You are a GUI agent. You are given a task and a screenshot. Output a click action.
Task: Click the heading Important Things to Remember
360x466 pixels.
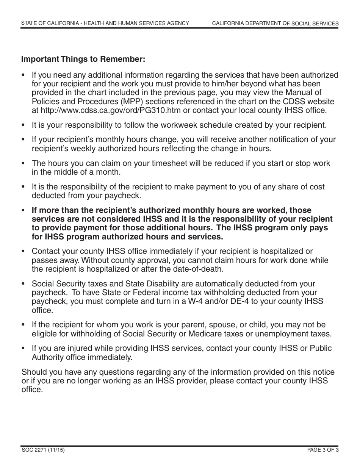[x=83, y=59]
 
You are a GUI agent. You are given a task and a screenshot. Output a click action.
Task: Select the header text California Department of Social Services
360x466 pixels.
[x=275, y=23]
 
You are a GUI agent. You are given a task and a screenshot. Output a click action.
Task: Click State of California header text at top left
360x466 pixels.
[x=105, y=23]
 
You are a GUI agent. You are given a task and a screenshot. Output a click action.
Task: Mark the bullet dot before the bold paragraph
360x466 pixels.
[x=23, y=210]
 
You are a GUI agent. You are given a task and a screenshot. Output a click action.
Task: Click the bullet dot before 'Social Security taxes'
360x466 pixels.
[x=23, y=284]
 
